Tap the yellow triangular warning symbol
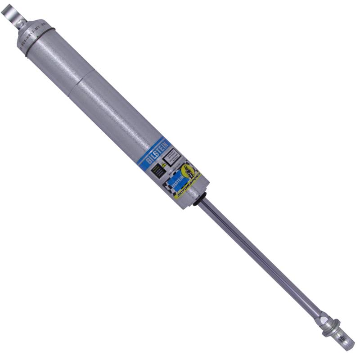163,165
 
